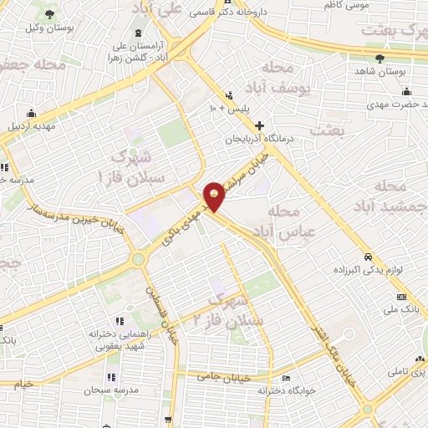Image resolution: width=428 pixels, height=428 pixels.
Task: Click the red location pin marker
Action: pyautogui.click(x=215, y=196)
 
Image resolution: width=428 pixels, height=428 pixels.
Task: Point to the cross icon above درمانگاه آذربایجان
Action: pyautogui.click(x=260, y=125)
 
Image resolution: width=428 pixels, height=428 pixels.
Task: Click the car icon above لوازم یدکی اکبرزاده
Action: pyautogui.click(x=368, y=257)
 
